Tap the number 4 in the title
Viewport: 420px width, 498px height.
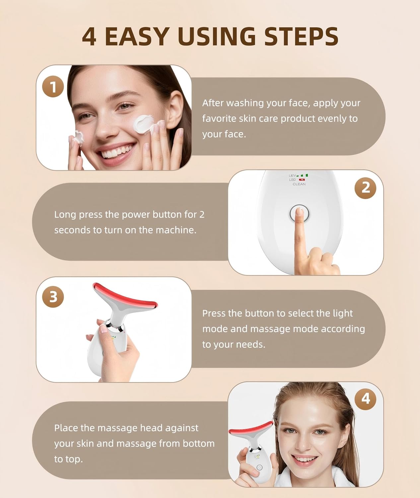(x=89, y=37)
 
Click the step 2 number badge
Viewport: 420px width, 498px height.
(x=365, y=188)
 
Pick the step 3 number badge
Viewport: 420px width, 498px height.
(x=53, y=296)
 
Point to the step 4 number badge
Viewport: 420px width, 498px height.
(x=365, y=398)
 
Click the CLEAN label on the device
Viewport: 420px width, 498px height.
(x=299, y=184)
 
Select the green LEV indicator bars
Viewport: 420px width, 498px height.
(x=303, y=175)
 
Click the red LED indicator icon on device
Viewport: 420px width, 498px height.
(x=302, y=180)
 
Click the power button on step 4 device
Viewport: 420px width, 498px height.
(x=259, y=467)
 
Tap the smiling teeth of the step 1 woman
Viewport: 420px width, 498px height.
(x=116, y=153)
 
